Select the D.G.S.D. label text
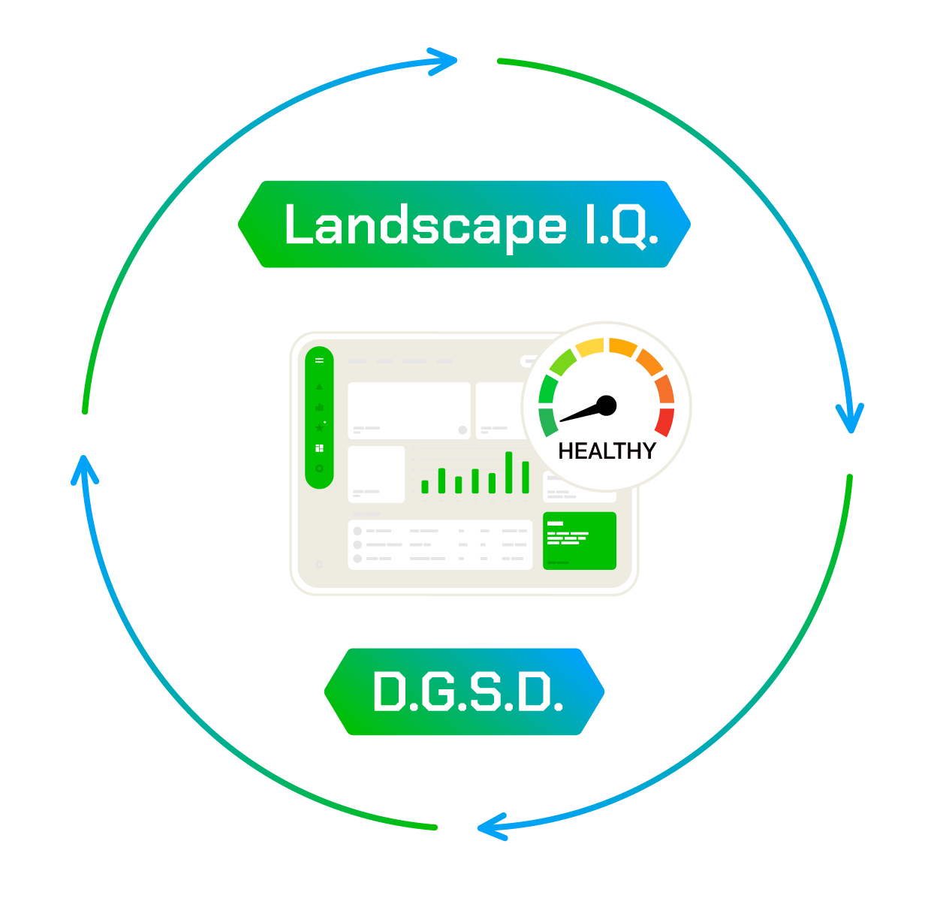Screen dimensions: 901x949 coord(468,692)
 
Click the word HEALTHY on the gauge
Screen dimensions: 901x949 coord(607,451)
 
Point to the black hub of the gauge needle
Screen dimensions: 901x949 coord(607,405)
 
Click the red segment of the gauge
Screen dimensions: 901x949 coord(664,420)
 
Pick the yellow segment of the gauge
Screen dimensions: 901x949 coord(590,348)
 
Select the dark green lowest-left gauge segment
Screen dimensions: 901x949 coord(548,421)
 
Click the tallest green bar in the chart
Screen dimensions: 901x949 coord(509,472)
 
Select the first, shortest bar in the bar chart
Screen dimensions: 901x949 coord(425,487)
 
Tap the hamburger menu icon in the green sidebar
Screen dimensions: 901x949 coord(319,360)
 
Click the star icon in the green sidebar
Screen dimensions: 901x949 coord(319,428)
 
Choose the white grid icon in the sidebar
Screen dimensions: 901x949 coord(319,448)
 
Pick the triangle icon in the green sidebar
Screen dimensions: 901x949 coord(319,387)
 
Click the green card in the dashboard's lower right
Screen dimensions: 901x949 coord(579,541)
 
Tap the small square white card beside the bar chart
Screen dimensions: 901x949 coord(376,474)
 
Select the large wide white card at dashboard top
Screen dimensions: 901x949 coord(408,411)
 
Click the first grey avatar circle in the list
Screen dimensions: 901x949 coord(357,531)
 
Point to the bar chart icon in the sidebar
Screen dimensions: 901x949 coord(319,408)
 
